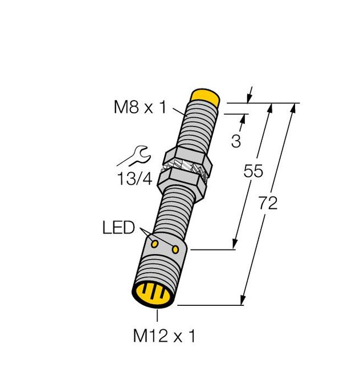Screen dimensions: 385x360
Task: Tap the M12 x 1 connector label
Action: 164,337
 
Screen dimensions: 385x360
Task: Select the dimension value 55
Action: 253,171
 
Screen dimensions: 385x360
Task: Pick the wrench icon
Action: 137,154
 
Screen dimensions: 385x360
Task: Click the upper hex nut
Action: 188,157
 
